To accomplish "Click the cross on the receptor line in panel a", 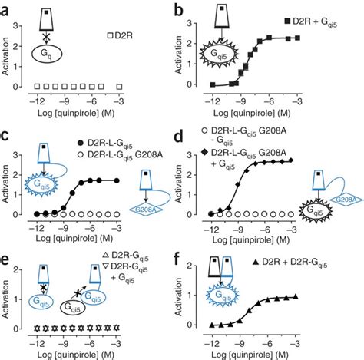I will (48, 35).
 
